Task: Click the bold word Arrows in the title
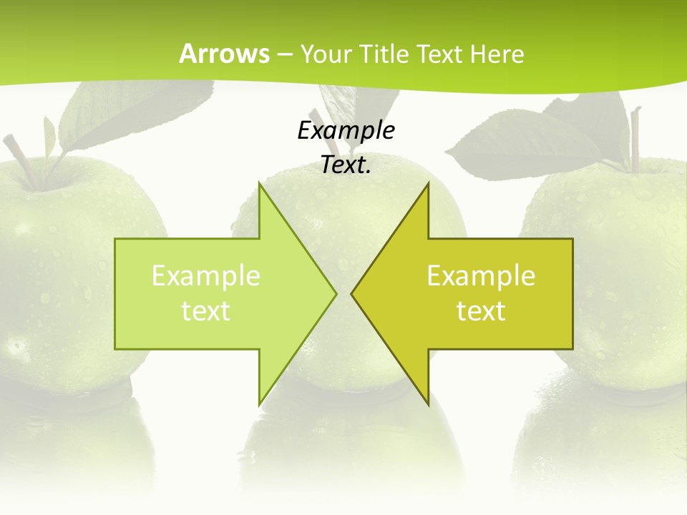click(x=224, y=54)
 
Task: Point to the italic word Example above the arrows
click(x=346, y=130)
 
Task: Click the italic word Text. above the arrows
click(x=346, y=165)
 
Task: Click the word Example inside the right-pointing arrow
click(x=206, y=276)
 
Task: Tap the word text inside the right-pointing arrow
click(x=206, y=311)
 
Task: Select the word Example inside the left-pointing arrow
click(x=481, y=276)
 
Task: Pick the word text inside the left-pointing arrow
click(x=481, y=311)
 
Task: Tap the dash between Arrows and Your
click(x=284, y=54)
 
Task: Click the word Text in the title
click(x=437, y=54)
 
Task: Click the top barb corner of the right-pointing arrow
click(x=259, y=184)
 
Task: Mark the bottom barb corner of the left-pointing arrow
click(x=428, y=405)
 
